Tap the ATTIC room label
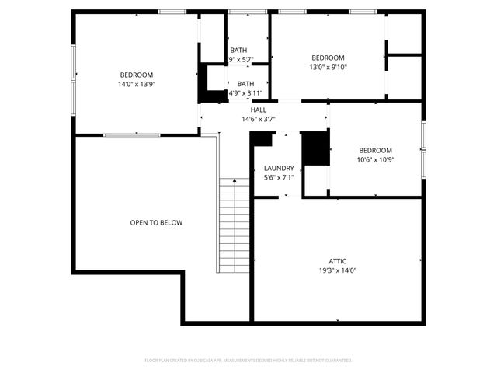pos(337,261)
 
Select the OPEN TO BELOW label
pos(156,223)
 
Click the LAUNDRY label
pos(279,168)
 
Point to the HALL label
pos(259,110)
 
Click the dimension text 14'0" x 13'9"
pos(136,84)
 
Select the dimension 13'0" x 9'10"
pos(328,67)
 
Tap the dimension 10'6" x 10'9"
pos(375,160)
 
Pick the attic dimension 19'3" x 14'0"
pos(337,270)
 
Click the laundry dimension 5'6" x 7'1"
pos(279,177)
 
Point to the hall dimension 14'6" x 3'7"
pos(259,120)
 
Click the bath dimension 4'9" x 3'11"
pos(245,93)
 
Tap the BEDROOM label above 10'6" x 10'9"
pos(375,151)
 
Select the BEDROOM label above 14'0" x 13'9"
pos(136,75)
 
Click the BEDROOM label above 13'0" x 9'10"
pos(328,58)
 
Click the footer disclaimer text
pos(248,361)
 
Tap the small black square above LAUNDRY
pos(262,139)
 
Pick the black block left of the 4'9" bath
pos(210,83)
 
